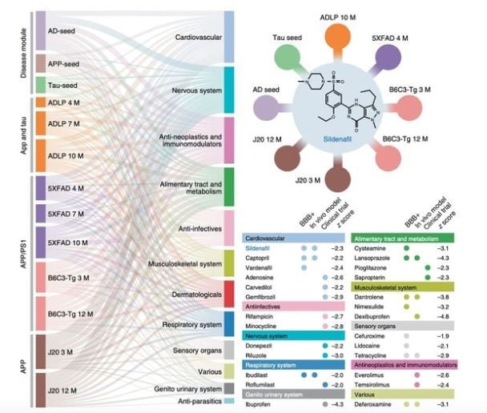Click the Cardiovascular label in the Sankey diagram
tap(199, 37)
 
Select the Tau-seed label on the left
tap(60, 84)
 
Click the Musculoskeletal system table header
tap(392, 286)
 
